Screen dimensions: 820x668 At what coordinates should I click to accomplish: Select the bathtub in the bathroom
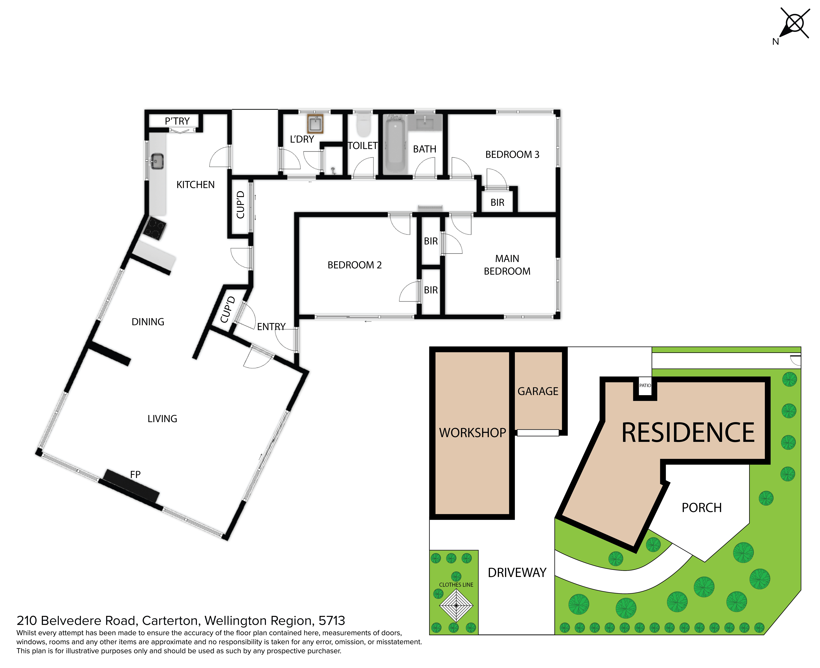[395, 145]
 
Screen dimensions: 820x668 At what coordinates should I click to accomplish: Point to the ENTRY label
[271, 327]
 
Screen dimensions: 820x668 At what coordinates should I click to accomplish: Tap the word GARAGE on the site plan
[538, 391]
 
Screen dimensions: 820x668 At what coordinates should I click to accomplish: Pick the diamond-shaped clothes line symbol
[456, 605]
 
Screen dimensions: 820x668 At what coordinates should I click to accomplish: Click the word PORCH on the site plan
[702, 508]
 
